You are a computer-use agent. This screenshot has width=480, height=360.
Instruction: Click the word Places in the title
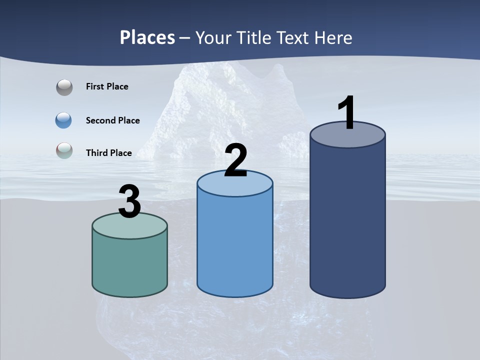tap(147, 37)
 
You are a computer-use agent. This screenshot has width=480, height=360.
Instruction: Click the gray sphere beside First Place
tap(64, 87)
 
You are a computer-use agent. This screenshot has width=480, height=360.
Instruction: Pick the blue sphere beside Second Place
tap(64, 120)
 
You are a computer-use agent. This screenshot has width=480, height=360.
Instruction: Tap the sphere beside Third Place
tap(64, 150)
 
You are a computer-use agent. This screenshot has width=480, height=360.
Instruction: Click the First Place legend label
tap(107, 86)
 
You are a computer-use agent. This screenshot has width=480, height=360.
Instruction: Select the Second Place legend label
tap(112, 120)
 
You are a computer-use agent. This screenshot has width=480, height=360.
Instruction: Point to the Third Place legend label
tap(108, 153)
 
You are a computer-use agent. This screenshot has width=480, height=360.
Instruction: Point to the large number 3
tap(129, 201)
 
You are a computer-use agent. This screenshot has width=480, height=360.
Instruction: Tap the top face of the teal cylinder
tap(129, 227)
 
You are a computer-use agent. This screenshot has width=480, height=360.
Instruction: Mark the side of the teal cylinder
tap(129, 265)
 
